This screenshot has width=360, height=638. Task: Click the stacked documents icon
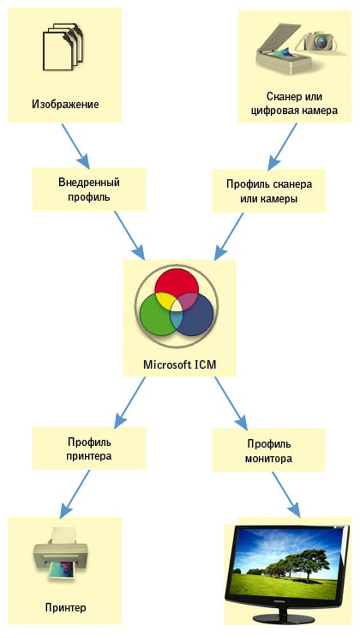pos(63,47)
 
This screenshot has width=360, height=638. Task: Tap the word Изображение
pos(65,104)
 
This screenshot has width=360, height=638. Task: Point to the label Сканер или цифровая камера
pos(294,103)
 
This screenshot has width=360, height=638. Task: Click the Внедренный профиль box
pos(89,189)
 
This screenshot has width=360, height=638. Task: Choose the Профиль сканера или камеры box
pos(269,191)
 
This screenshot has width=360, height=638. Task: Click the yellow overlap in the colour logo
pos(165,301)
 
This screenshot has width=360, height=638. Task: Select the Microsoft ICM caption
pos(180,364)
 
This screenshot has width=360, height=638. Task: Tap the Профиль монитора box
pos(269,450)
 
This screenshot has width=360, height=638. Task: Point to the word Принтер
pos(65,608)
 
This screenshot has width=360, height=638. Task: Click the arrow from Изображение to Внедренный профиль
pos(76,146)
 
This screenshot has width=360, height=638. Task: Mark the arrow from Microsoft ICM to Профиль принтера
pos(130,403)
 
